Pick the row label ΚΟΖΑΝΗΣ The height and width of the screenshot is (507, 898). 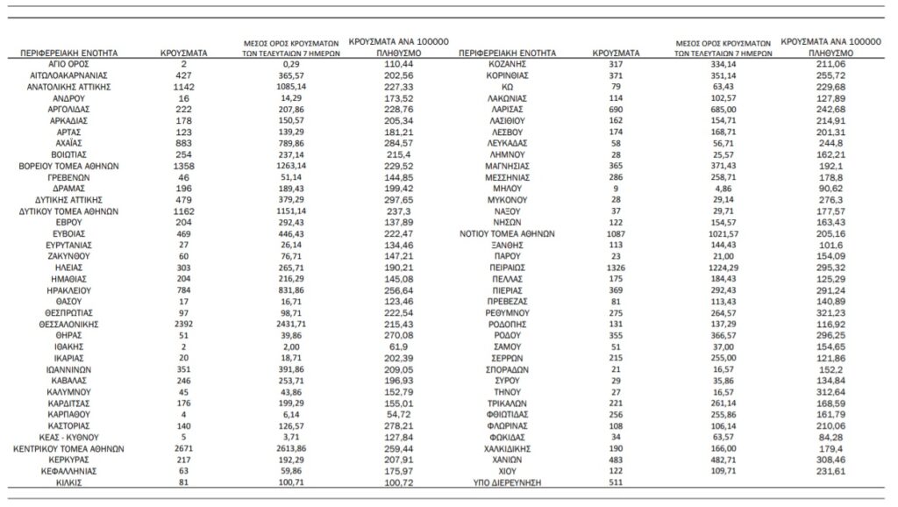(x=508, y=65)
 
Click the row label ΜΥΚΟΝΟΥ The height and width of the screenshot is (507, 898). (x=508, y=200)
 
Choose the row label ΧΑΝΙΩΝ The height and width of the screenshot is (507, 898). (x=508, y=460)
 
